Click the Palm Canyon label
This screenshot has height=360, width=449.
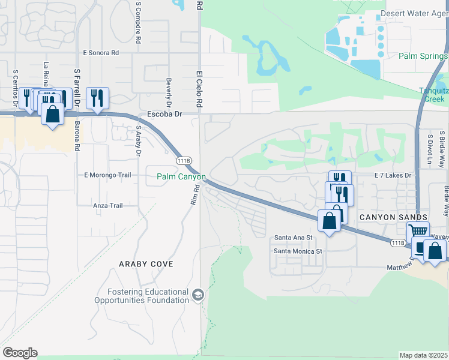coord(181,177)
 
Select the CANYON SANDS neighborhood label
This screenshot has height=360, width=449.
coord(393,217)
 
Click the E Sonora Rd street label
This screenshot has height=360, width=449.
coord(101,53)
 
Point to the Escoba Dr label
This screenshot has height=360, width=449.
coord(164,113)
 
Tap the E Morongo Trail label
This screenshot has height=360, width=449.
coord(107,175)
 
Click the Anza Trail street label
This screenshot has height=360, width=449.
coord(108,206)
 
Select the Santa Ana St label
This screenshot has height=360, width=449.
coord(294,238)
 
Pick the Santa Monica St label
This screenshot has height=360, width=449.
coord(298,251)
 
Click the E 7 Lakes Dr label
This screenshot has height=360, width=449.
coord(394,175)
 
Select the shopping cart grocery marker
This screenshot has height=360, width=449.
coord(418,231)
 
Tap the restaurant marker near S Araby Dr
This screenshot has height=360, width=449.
coord(97,97)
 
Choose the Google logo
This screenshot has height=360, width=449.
coord(20,353)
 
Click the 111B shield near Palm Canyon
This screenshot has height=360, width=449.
coord(184,161)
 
